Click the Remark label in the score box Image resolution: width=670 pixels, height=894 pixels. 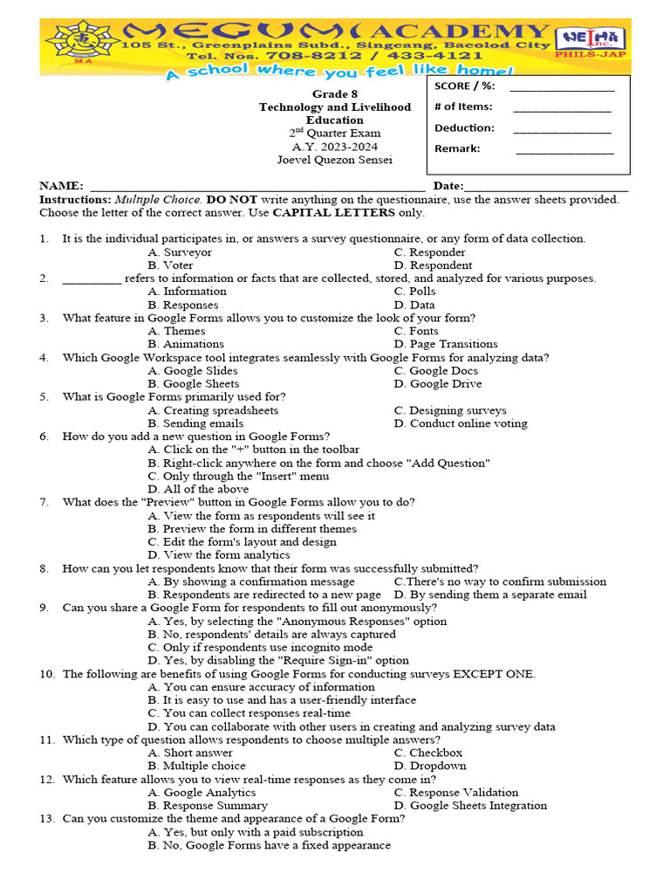[457, 148]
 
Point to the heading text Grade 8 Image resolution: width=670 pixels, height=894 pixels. [334, 93]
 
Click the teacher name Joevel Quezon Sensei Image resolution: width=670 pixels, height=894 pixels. [334, 160]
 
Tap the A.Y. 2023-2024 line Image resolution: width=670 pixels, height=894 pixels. [334, 147]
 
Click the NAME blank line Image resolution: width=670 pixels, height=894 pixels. [257, 187]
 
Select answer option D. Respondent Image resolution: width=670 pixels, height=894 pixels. [433, 265]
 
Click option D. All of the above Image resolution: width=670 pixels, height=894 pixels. [198, 490]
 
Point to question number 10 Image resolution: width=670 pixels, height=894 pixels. [47, 674]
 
